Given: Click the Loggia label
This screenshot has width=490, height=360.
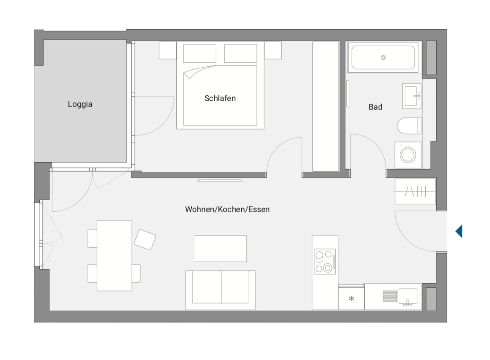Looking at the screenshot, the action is coord(80,104).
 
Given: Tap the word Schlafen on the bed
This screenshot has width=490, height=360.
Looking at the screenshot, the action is coord(220,98).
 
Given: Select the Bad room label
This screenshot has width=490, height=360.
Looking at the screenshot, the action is coord(375,107).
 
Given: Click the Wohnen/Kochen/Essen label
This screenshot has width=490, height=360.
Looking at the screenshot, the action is coord(227,209).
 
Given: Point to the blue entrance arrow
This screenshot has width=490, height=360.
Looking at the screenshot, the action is coord(459,231).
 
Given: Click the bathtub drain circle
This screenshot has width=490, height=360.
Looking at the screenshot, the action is coord(383,57).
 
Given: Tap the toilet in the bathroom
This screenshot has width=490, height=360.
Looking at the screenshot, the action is coord(409,126).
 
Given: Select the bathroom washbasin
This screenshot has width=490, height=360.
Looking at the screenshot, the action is coord(412,96).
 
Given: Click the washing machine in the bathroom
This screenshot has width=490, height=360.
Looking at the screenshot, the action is coord(408,155).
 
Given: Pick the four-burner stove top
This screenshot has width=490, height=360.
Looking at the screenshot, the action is coord(325,262).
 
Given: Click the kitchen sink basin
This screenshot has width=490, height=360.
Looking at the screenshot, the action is coord(407,296).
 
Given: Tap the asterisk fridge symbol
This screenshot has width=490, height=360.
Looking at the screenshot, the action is coord(351,298).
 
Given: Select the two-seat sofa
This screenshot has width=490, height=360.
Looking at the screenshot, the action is coord(220,290).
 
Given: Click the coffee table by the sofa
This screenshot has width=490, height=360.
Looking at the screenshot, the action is coord(220,249).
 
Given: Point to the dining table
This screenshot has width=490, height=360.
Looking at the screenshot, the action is coord(114,256).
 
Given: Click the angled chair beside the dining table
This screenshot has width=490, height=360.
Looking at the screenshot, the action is coord(145,240).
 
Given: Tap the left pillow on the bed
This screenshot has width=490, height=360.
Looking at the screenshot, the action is coord(200,53).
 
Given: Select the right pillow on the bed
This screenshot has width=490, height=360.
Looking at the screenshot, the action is coord(240,53).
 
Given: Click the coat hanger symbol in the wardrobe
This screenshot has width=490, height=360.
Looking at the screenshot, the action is coord(415,192).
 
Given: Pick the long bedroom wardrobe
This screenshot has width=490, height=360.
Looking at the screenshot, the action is coord(326,107).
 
